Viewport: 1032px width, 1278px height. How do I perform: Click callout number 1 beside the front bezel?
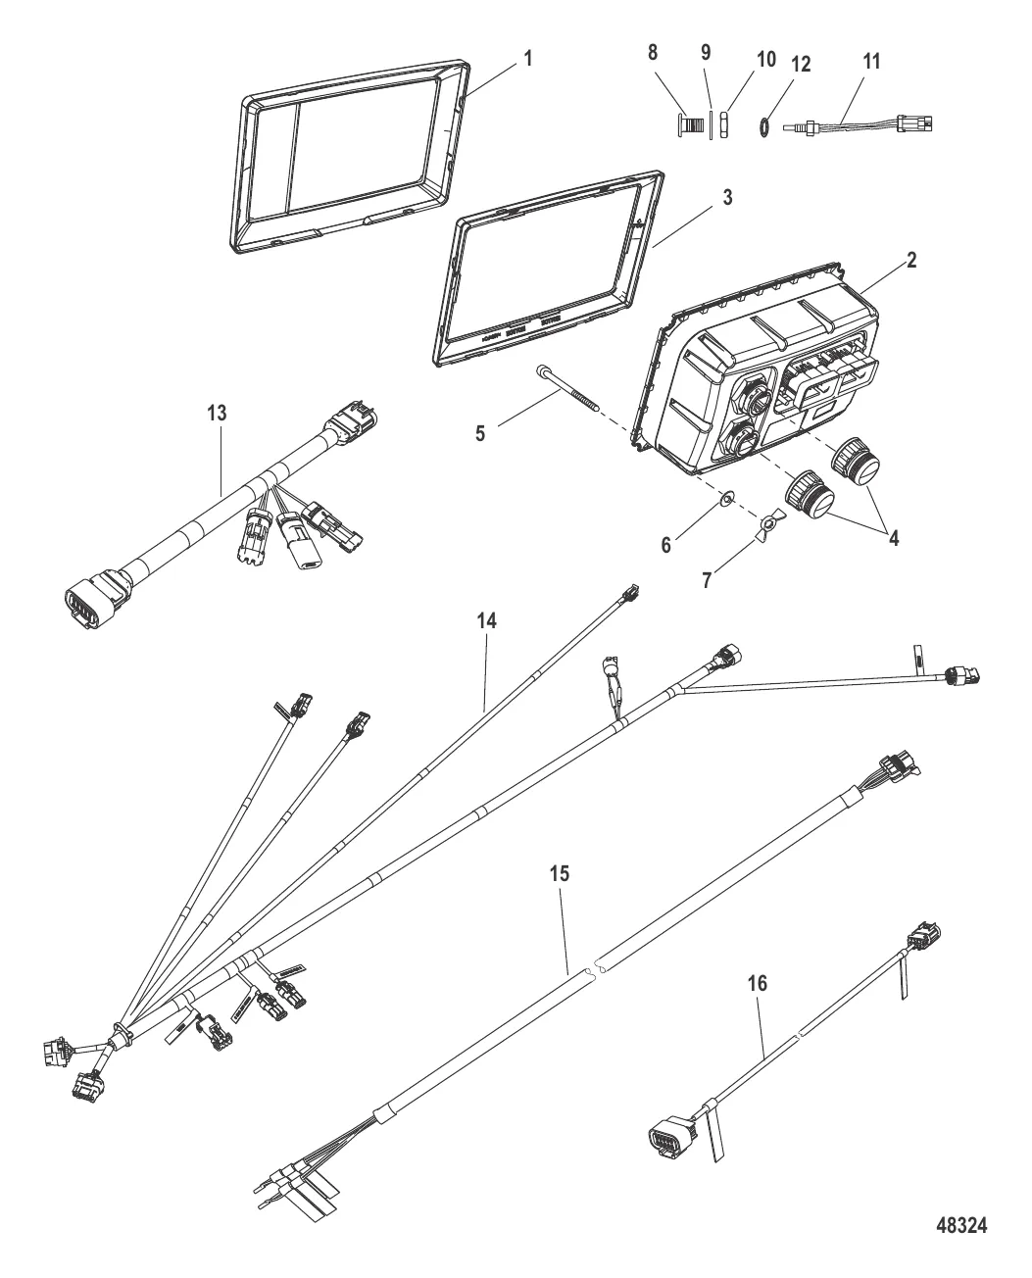(x=528, y=58)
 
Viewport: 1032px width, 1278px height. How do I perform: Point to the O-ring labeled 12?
(x=761, y=124)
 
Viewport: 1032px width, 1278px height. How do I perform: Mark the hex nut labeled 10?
(x=725, y=125)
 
